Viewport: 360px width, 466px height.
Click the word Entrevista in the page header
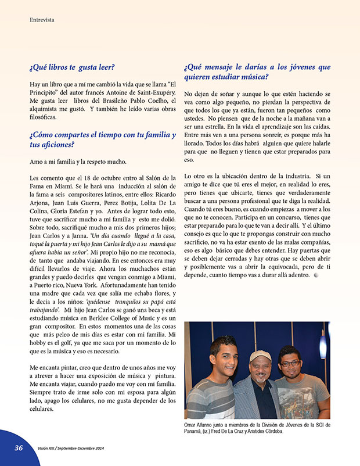(x=42, y=20)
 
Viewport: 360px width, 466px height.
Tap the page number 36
(x=19, y=448)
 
